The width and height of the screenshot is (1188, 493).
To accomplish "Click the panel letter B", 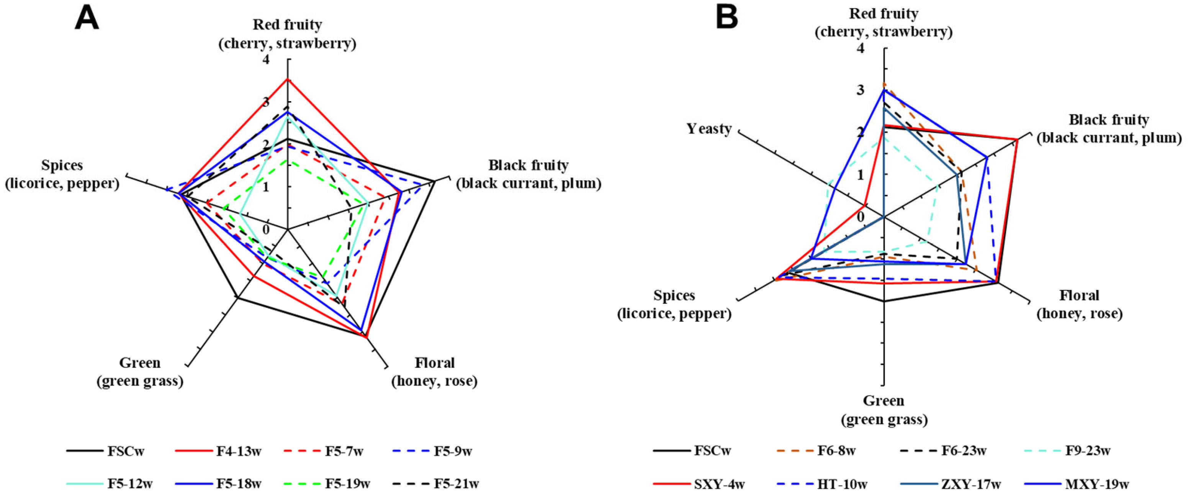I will (x=727, y=18).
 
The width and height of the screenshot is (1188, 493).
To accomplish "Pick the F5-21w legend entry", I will (x=456, y=484).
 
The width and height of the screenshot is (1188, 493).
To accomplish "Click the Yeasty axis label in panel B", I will (x=709, y=129).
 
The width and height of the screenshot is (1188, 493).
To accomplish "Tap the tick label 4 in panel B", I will (x=860, y=48).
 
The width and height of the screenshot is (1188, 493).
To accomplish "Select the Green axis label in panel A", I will (x=140, y=372).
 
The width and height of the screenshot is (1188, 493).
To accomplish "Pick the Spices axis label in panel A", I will (x=62, y=174).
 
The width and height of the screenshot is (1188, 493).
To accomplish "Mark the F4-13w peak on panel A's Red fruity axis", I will (x=287, y=79).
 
